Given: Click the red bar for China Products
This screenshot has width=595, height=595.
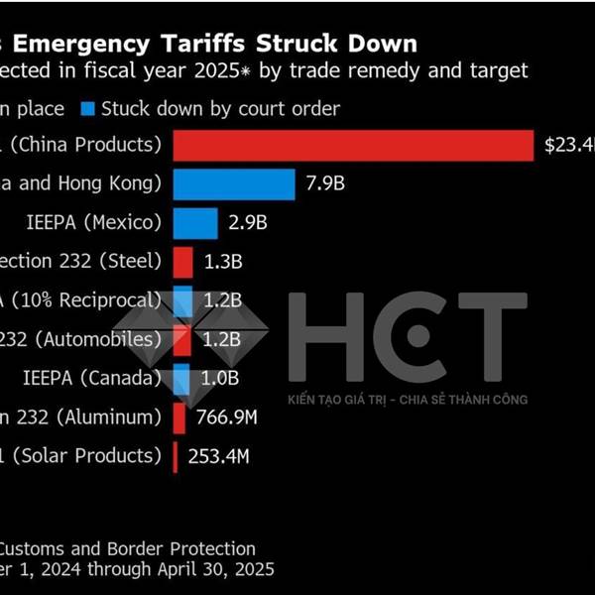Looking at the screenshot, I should point(353,145).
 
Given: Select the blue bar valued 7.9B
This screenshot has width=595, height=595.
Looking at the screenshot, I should point(234,184).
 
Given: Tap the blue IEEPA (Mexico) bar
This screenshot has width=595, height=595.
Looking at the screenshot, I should point(195,223).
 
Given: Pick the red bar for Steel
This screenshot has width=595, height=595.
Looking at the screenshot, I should point(182,262).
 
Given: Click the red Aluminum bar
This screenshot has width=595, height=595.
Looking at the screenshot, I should point(178,417).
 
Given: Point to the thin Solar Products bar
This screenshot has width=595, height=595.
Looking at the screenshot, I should point(176,457).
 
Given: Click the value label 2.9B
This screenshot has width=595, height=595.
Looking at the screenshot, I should point(248,223).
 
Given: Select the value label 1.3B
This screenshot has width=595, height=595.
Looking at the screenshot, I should point(222,262).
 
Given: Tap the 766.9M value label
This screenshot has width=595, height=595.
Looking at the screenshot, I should point(227,417).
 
